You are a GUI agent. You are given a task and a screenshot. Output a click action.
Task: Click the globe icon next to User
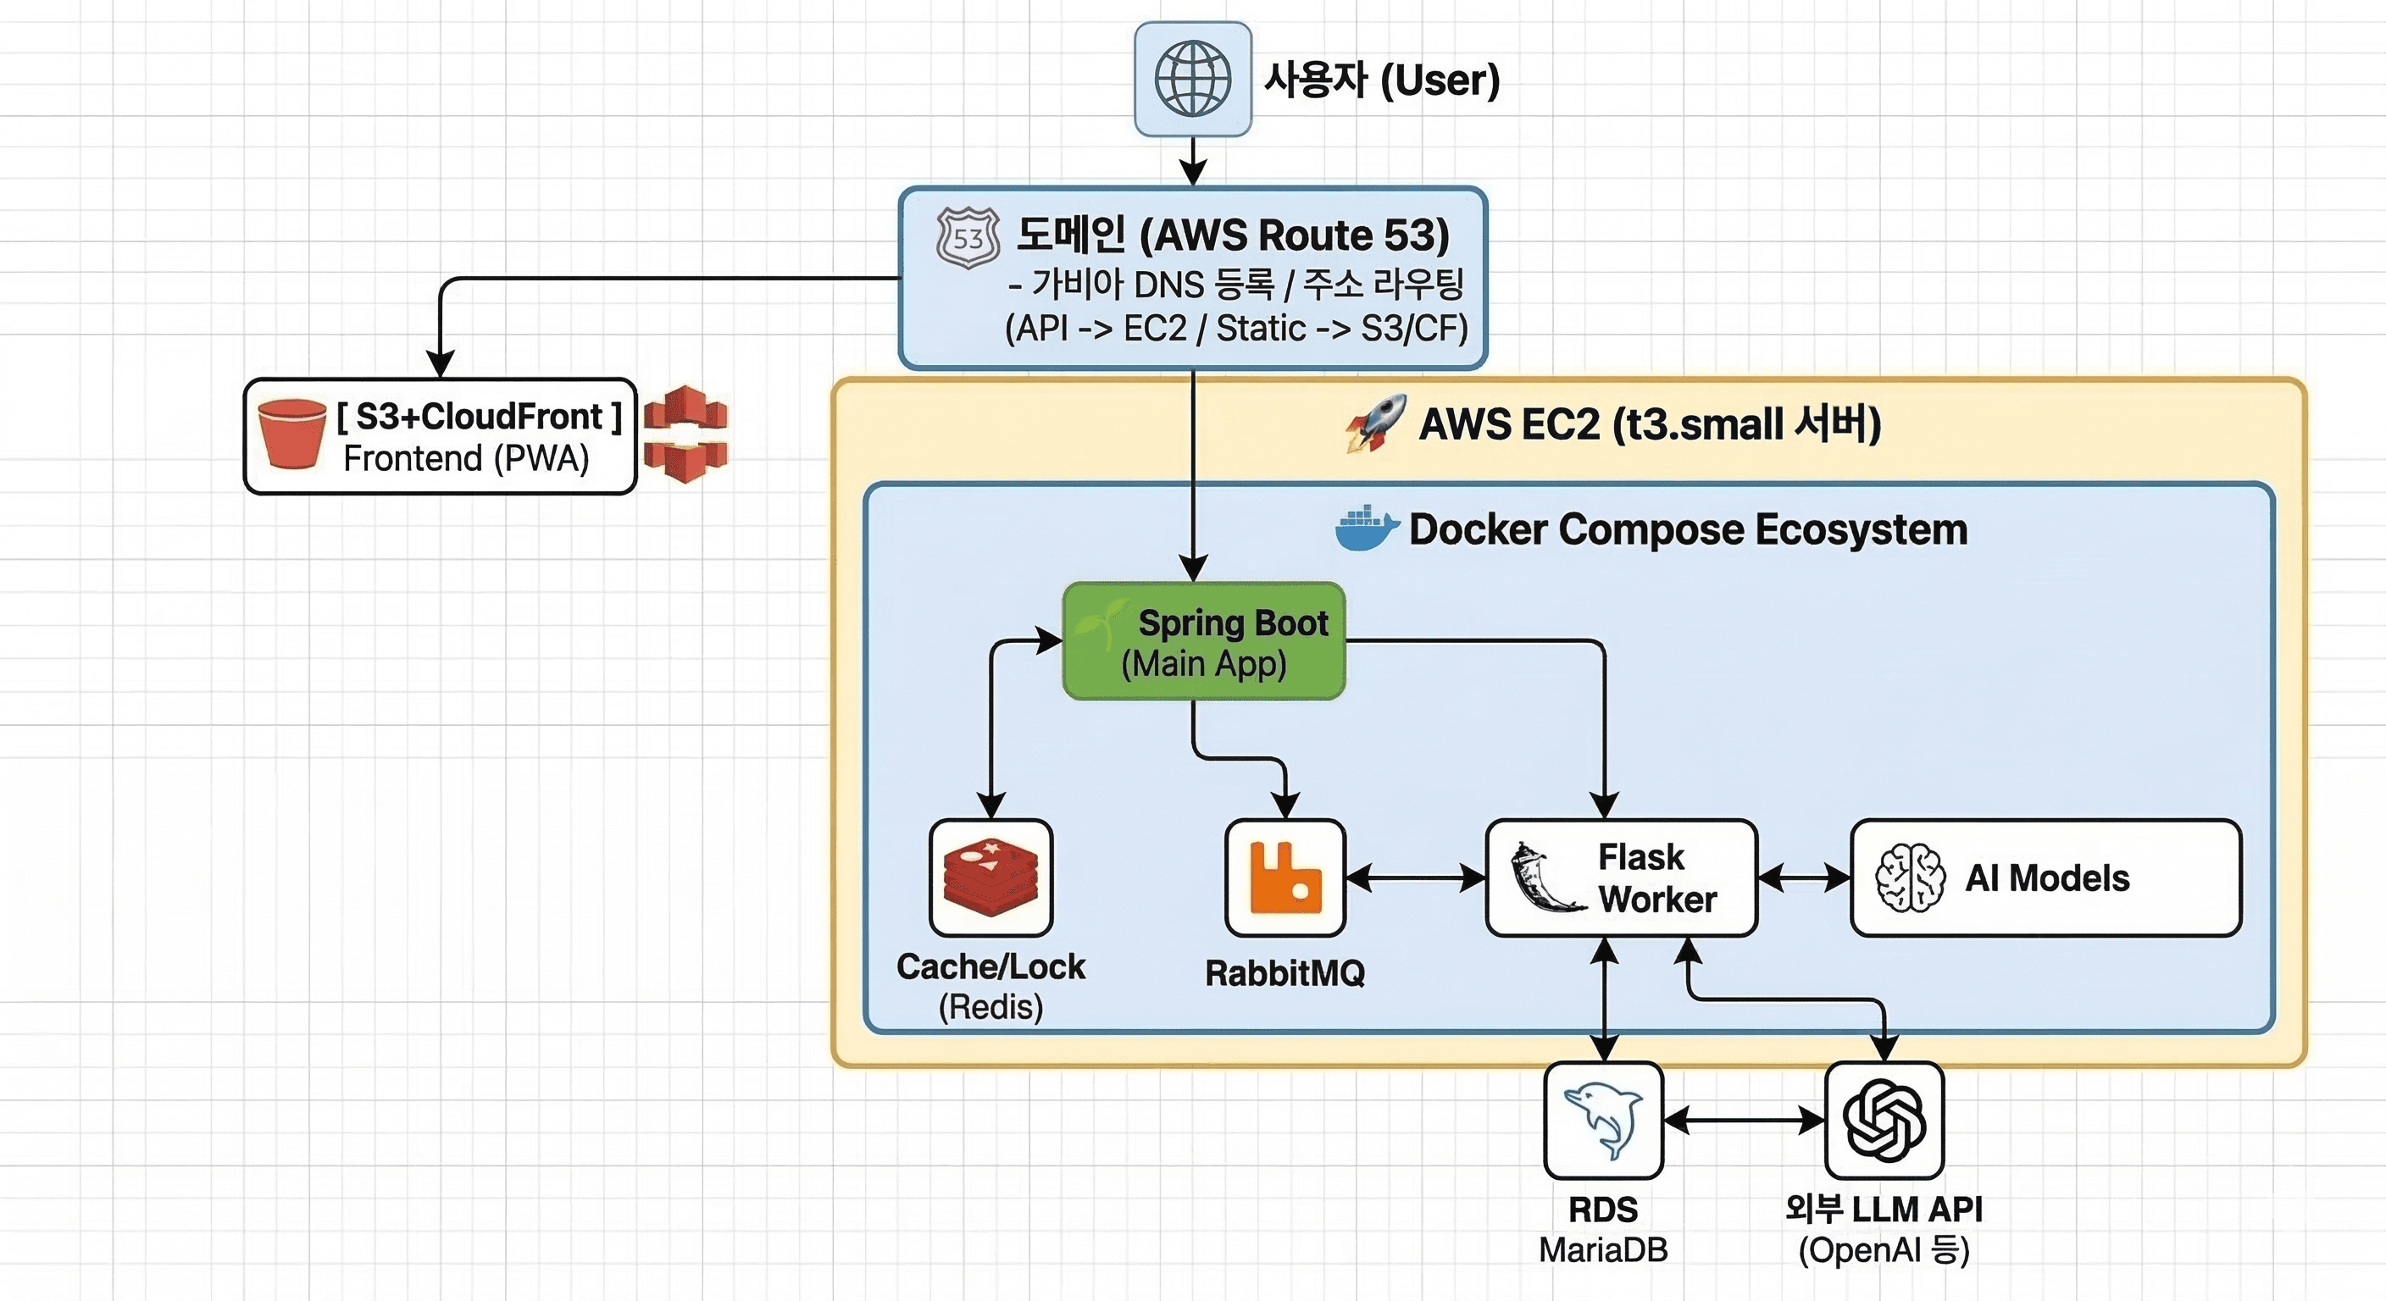tap(1193, 80)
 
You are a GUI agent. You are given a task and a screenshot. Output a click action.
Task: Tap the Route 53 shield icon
tap(968, 238)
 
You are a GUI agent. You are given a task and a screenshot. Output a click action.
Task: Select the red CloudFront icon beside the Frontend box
tap(685, 435)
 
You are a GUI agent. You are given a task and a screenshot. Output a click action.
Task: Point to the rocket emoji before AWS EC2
tap(1376, 424)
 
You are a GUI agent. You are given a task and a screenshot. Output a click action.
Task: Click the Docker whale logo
tap(1366, 529)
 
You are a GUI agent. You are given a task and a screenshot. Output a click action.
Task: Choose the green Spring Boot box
tap(1203, 641)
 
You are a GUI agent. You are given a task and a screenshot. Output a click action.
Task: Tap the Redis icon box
tap(991, 877)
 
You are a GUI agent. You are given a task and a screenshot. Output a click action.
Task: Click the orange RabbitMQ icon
tap(1285, 877)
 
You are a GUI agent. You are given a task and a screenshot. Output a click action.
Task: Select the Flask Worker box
tap(1621, 877)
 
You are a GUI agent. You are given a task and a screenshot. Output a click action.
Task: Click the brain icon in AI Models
tap(1909, 877)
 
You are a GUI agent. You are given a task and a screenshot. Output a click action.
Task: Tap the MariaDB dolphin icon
tap(1603, 1121)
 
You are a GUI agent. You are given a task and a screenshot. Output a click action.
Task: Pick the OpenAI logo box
tap(1884, 1121)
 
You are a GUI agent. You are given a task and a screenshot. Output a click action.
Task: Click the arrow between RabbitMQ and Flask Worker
tap(1415, 877)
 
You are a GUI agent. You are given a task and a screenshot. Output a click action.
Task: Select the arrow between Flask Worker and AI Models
tap(1803, 877)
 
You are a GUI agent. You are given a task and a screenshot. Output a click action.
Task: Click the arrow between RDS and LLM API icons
tap(1743, 1121)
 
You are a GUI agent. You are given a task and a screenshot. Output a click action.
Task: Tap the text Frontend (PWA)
tap(466, 458)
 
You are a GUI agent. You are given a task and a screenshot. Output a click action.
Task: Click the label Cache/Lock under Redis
tap(990, 966)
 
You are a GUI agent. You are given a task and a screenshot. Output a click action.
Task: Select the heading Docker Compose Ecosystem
tap(1688, 529)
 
